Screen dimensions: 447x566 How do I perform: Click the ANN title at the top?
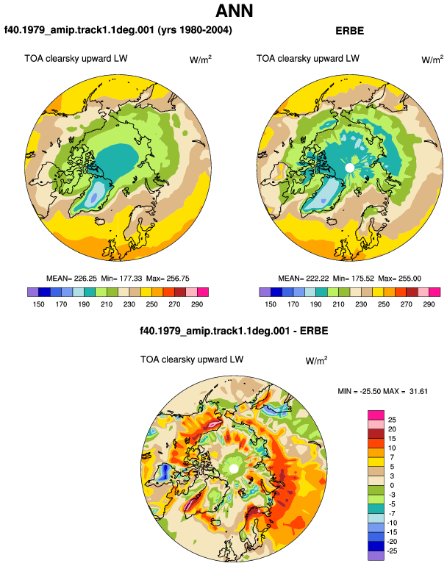coord(235,11)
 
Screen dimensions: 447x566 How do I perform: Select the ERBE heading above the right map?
coord(349,31)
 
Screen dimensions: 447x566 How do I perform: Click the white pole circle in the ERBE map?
coord(349,168)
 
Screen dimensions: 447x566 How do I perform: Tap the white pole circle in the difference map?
coord(234,469)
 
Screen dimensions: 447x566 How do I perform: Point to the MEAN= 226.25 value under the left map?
coord(71,279)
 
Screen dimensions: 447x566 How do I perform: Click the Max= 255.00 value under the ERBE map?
coord(399,279)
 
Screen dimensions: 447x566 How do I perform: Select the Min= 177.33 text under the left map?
coord(122,279)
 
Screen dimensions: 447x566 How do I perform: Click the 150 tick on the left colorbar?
coord(39,304)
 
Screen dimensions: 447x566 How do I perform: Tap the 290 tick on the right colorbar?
coord(429,304)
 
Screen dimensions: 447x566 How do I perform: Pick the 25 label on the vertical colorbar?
coord(392,420)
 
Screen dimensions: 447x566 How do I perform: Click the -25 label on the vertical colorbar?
coord(392,551)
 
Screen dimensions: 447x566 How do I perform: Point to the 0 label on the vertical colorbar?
coord(392,485)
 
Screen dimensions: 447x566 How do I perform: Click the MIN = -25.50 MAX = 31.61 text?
coord(383,391)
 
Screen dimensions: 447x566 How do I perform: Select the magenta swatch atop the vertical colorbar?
coord(376,415)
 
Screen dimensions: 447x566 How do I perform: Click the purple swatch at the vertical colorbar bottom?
coord(376,556)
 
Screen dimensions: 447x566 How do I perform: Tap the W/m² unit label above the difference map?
coord(316,360)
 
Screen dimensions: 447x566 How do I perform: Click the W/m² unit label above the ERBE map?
coord(432,60)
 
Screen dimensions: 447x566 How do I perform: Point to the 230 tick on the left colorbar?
coord(129,304)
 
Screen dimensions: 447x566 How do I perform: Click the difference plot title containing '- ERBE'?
coord(234,331)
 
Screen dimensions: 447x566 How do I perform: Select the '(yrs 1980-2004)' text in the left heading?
coord(195,29)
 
